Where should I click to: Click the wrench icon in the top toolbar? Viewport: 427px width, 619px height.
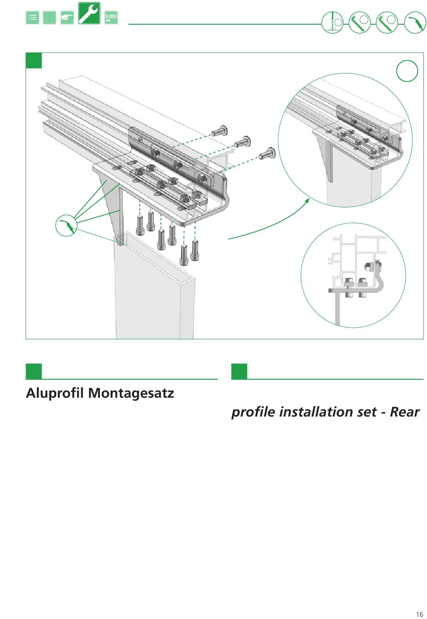(x=89, y=13)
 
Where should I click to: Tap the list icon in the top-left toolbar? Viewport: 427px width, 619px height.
(x=32, y=18)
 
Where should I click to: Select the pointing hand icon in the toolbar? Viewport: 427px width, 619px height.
(x=67, y=18)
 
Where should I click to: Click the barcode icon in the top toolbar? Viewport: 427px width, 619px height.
(x=111, y=18)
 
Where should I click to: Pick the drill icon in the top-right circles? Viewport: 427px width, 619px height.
(x=333, y=22)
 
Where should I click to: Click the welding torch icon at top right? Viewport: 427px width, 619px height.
(x=414, y=22)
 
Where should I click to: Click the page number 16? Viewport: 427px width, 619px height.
(x=419, y=615)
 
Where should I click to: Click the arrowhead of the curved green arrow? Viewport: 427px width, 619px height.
(x=307, y=200)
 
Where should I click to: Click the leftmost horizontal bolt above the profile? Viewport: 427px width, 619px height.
(x=220, y=131)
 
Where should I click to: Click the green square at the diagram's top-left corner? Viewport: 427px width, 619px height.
(x=34, y=61)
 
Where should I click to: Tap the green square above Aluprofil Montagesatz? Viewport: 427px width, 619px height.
(x=34, y=372)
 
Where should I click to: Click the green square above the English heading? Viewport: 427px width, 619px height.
(x=239, y=372)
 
